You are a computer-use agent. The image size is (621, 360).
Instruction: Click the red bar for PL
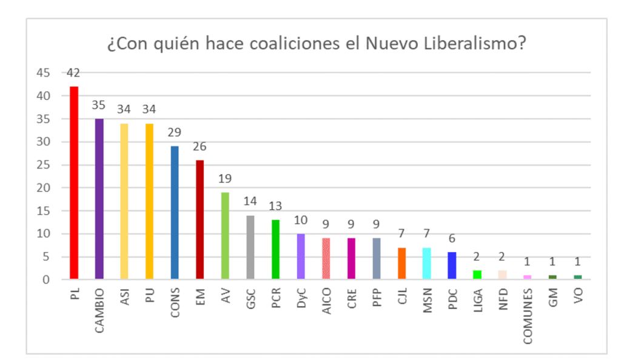click(74, 182)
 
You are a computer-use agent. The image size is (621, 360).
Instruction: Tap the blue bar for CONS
click(175, 212)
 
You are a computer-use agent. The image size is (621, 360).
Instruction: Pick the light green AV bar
click(225, 236)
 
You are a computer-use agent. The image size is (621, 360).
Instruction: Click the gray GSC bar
click(250, 247)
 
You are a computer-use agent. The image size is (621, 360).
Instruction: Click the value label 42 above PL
click(74, 73)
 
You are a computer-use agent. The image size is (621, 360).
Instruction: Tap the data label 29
click(175, 133)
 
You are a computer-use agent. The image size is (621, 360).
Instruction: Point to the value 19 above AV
click(225, 179)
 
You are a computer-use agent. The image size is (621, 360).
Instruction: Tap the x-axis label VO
click(578, 295)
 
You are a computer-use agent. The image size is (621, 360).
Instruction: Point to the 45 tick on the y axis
click(42, 73)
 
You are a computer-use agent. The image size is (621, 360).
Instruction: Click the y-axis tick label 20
click(42, 188)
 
